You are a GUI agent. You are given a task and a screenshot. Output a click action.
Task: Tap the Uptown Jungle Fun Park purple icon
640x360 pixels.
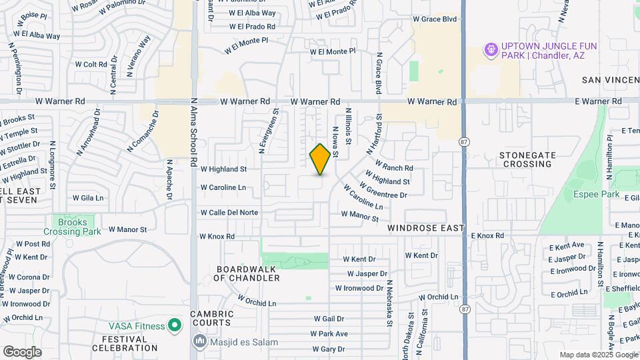491,50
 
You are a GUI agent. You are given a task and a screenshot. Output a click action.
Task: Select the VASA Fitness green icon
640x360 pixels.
175,325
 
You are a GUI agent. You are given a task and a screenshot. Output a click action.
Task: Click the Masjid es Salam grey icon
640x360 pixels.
199,342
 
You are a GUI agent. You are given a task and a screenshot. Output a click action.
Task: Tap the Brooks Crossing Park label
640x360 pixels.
73,227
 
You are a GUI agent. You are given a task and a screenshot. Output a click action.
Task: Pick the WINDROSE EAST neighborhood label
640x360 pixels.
426,228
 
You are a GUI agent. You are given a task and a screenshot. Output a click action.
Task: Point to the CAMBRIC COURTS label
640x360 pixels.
211,318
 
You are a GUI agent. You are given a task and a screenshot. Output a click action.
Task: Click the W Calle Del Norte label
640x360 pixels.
229,213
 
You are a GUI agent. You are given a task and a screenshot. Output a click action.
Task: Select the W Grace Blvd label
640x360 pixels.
435,19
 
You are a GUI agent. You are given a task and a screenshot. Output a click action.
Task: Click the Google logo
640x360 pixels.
22,351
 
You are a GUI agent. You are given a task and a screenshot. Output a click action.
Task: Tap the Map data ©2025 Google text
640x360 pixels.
597,355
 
